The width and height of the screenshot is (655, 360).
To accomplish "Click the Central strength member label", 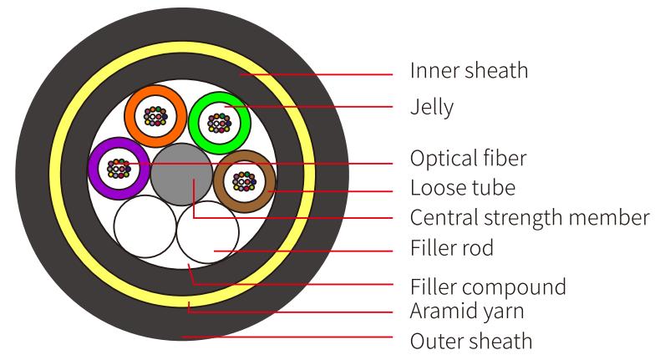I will pos(529,217).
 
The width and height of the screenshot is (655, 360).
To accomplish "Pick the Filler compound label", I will pos(487,286).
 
